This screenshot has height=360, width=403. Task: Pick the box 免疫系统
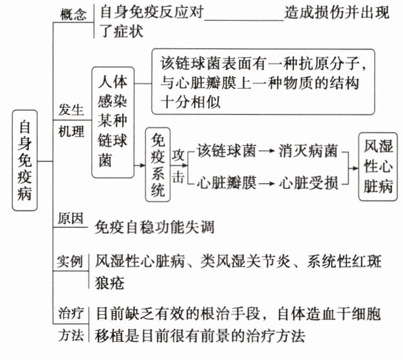point(158,165)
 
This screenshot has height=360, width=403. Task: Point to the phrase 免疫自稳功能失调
point(154,227)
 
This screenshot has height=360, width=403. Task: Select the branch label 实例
point(71,261)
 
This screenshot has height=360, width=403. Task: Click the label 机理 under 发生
point(71,132)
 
